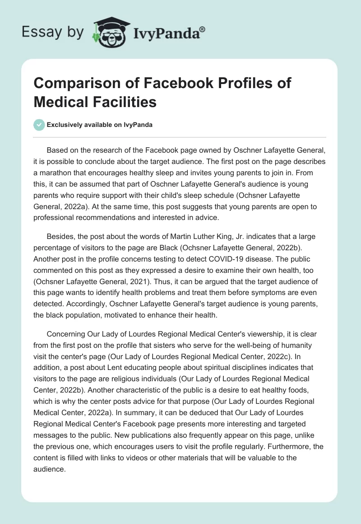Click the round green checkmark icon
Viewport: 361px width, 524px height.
click(40, 125)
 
